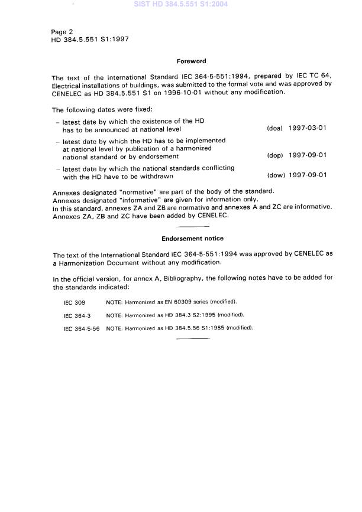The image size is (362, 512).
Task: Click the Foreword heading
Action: click(x=191, y=61)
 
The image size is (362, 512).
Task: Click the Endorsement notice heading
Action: click(x=192, y=239)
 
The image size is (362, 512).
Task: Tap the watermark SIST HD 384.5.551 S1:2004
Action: click(x=181, y=5)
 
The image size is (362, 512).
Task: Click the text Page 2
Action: click(x=63, y=32)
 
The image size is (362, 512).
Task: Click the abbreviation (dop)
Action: click(x=275, y=156)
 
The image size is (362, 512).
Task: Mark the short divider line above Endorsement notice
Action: click(x=192, y=227)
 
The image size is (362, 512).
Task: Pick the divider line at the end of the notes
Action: click(x=192, y=339)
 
